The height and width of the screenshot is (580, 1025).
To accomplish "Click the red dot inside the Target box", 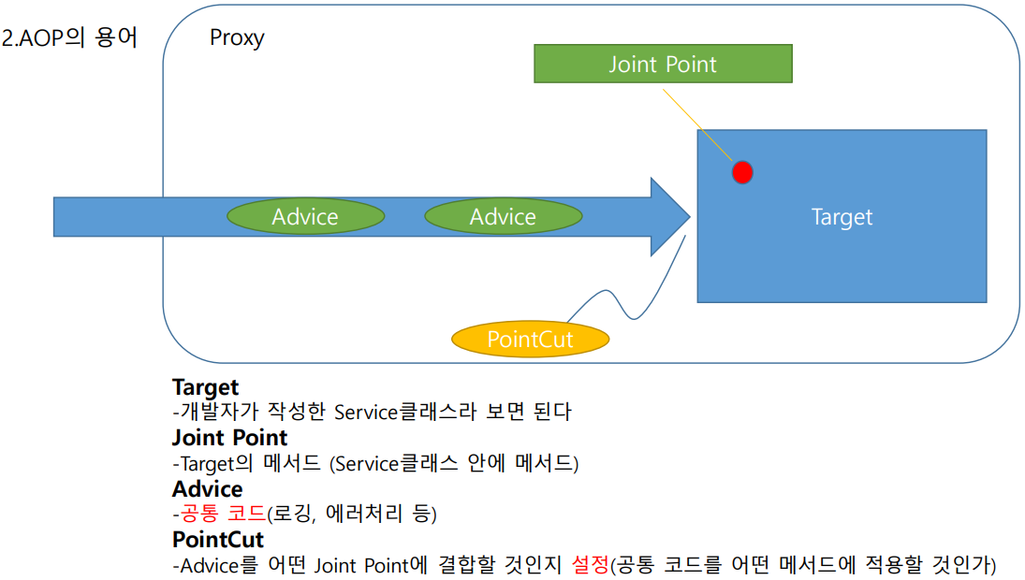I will (742, 171).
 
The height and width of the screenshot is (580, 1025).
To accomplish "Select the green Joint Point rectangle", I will (663, 65).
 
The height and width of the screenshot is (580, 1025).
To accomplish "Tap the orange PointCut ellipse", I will (530, 339).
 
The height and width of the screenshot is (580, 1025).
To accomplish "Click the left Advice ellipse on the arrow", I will (305, 217).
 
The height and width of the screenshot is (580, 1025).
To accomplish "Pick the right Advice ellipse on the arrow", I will (503, 217).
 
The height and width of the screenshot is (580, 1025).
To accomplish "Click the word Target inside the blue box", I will (842, 217).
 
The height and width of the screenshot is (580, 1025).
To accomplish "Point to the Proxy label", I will (237, 38).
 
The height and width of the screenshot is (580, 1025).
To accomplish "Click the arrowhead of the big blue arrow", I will (670, 216).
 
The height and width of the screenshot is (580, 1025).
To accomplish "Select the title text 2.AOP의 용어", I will (71, 39).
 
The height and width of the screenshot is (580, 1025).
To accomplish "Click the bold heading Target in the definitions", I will (205, 387).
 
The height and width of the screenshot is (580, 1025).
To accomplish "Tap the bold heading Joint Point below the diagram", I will (229, 438).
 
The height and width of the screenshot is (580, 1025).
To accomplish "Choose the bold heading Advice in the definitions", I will (207, 489).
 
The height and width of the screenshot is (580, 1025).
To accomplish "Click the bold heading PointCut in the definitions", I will (218, 540).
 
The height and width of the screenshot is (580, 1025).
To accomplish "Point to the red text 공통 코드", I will (222, 515).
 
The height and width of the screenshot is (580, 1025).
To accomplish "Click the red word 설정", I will (590, 565).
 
